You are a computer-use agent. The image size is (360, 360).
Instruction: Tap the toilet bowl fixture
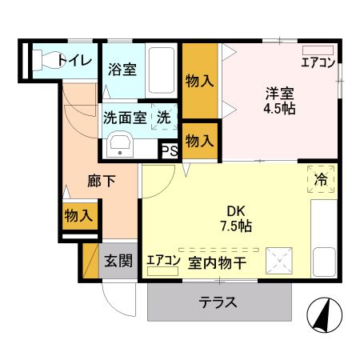(48, 59)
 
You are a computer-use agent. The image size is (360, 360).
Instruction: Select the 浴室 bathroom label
(122, 69)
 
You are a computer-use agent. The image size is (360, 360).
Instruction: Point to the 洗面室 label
(124, 117)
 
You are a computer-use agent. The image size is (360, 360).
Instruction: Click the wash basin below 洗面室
(121, 146)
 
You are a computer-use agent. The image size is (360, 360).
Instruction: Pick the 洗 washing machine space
(163, 117)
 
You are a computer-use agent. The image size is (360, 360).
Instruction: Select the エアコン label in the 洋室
(318, 62)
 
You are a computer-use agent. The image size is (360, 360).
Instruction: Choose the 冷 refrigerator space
(321, 180)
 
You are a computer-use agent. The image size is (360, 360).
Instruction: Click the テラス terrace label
(218, 302)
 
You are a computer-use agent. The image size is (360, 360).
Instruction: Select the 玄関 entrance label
(118, 260)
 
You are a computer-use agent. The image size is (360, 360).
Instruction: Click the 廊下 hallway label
(101, 181)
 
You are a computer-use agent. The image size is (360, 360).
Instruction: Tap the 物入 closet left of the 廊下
(78, 215)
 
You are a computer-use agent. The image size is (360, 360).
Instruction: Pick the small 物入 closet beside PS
(199, 141)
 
